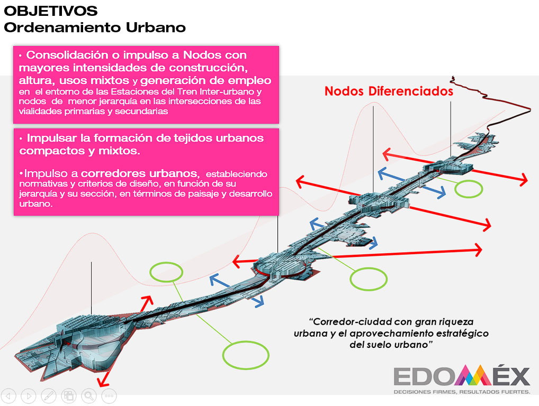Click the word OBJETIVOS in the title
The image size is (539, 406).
(50, 11)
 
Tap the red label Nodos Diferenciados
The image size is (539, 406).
(389, 91)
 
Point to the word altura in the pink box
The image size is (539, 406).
(37, 80)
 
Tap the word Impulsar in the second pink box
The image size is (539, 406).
(52, 138)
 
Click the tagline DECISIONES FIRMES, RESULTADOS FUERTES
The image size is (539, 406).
(462, 392)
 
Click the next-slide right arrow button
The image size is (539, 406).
(29, 396)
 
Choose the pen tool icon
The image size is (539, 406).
(49, 396)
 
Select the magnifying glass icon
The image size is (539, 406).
(89, 396)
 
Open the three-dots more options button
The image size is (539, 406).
(109, 396)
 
